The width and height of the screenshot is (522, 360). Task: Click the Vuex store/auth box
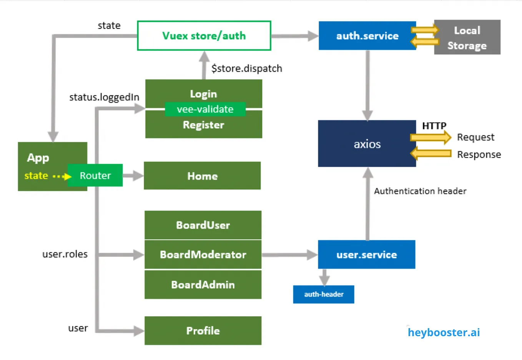coord(204,36)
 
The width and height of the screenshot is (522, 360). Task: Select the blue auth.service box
coord(367,36)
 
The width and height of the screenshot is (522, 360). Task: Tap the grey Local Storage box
coord(467,37)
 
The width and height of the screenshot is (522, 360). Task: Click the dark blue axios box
coord(367,143)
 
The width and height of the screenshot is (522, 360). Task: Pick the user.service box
coord(366,254)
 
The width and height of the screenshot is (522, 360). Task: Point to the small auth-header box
coord(323,294)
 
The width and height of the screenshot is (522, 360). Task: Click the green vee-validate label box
coord(205,109)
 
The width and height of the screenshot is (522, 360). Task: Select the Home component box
coord(202,175)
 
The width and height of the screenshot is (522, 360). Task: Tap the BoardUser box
coord(203,225)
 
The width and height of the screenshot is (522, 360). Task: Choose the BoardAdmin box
coord(203,285)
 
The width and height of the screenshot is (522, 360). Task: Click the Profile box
coord(203,331)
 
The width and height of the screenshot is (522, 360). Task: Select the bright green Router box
coord(95,175)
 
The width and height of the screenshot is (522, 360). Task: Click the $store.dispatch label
coord(247,69)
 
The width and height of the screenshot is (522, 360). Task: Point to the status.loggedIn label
coord(104,97)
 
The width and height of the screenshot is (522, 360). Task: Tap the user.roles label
coord(65,254)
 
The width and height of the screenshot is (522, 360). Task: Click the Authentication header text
coord(420,191)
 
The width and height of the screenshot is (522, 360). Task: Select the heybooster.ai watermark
coord(444,332)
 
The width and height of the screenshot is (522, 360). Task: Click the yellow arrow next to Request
coord(431,137)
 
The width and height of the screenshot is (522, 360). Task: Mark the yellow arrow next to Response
coord(431,153)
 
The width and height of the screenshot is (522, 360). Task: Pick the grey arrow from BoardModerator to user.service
coord(290,255)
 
